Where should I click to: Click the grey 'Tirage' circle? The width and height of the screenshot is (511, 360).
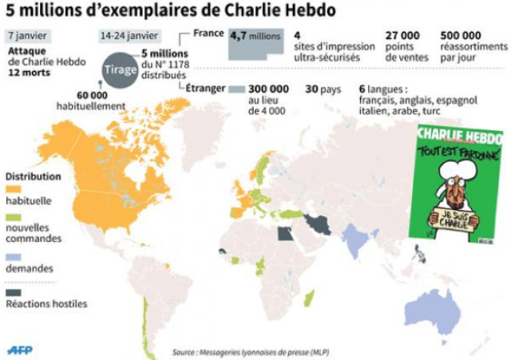click(x=115, y=70)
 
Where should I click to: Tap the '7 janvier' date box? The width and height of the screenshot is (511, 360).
click(x=26, y=36)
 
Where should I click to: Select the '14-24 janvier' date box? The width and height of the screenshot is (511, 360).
click(x=129, y=36)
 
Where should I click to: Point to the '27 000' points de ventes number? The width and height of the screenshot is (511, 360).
click(x=403, y=36)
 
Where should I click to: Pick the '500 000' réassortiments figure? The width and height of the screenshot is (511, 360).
click(x=461, y=36)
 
